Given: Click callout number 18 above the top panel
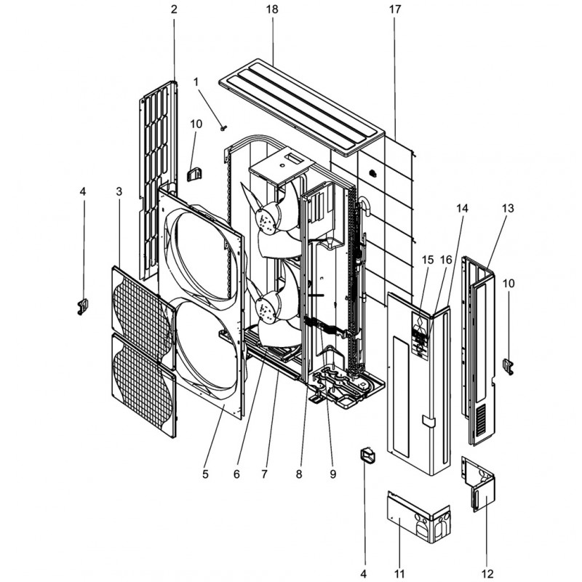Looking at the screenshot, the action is click(272, 9).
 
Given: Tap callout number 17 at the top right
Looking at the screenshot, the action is click(395, 9).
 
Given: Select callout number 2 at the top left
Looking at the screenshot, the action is click(174, 9).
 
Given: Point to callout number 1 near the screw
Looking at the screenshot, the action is click(196, 81).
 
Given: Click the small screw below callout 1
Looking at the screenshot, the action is click(223, 128).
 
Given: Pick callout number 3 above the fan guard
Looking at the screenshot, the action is click(119, 191).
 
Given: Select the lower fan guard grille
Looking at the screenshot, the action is click(144, 385).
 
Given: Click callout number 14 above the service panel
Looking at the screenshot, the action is click(462, 209).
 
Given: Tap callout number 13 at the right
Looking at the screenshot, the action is click(508, 209).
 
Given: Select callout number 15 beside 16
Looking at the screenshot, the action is click(428, 260).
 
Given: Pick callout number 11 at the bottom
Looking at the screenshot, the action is click(399, 573).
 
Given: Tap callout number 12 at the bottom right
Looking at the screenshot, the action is click(487, 573).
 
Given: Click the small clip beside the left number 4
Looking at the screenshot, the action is click(82, 307).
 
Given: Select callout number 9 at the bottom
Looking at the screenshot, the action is click(332, 474).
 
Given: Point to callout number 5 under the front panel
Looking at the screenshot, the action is click(205, 474).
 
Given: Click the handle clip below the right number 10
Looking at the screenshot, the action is click(508, 367).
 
